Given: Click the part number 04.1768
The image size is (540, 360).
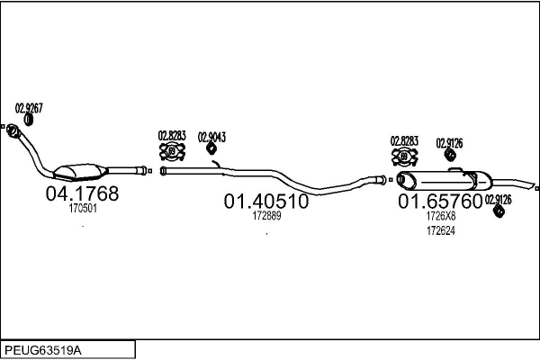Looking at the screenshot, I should coord(82,193).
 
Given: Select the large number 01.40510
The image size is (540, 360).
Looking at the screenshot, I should coord(265,202).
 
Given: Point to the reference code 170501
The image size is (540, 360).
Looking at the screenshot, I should coord(82,208).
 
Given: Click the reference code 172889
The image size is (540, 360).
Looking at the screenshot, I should coord(266,216).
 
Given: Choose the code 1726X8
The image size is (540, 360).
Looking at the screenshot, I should coord(441,216).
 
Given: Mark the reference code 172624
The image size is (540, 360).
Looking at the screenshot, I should coord(440,230).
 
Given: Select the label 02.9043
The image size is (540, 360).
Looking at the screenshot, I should coord(211,137).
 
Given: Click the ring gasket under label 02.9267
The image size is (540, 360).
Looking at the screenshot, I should coord(29,120).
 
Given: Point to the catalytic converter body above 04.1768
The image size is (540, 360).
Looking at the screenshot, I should coord(79,171).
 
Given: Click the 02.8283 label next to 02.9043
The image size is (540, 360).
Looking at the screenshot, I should coord(172,136).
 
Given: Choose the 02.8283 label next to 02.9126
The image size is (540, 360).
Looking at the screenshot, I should coord(403,140).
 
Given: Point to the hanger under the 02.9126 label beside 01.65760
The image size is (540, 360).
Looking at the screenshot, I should coord(497,212).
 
